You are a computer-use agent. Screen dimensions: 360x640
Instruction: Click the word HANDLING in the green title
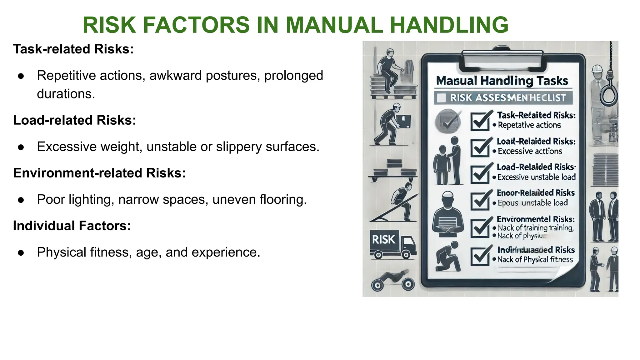click(449, 25)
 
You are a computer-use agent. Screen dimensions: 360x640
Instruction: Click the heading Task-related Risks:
click(73, 49)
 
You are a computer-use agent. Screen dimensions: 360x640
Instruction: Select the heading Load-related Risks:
click(75, 120)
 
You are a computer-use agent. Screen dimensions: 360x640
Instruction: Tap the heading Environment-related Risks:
click(99, 173)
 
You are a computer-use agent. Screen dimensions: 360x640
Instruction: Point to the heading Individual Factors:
click(72, 226)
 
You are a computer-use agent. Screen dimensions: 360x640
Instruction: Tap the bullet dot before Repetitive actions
click(21, 76)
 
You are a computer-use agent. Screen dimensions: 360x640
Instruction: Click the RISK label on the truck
click(384, 240)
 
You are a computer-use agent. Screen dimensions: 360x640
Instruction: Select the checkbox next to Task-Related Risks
click(480, 122)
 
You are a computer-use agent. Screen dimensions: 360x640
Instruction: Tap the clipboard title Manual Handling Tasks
click(502, 81)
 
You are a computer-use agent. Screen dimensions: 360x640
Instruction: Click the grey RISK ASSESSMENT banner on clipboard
click(503, 98)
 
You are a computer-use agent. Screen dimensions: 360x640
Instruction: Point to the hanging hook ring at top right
click(608, 94)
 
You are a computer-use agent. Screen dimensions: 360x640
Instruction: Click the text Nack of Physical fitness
click(535, 260)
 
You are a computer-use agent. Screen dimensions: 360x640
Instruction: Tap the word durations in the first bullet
click(66, 94)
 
